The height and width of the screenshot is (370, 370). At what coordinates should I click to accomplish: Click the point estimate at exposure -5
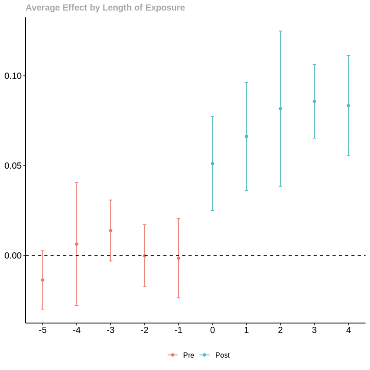tap(43, 280)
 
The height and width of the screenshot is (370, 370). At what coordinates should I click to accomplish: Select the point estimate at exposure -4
tap(77, 244)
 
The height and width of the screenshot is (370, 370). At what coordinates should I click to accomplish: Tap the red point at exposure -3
tap(110, 231)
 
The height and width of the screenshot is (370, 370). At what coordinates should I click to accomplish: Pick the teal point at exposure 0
tap(212, 164)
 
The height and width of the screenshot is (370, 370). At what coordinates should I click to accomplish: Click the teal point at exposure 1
tap(246, 137)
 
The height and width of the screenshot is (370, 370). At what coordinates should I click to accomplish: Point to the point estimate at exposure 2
tap(281, 109)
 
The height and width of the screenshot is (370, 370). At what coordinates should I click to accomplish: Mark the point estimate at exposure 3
tap(314, 102)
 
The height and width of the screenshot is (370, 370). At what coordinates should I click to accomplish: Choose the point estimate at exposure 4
tap(348, 106)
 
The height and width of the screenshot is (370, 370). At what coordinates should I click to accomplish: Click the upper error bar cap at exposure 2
tap(281, 31)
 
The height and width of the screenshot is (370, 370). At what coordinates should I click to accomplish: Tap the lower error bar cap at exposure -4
tap(77, 306)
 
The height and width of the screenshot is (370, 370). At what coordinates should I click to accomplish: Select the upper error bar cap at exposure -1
tap(178, 218)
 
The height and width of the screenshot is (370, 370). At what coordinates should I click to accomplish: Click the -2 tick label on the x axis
tap(144, 330)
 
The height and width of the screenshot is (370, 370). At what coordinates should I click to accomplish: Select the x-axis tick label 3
tap(314, 330)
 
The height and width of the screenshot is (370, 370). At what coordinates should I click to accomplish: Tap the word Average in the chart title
tap(43, 8)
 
